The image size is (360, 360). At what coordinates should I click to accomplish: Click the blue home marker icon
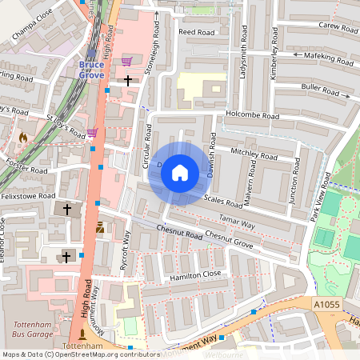tap(180, 173)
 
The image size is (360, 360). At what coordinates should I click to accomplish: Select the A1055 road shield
tap(326, 304)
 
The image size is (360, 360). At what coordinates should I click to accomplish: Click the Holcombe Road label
tap(253, 116)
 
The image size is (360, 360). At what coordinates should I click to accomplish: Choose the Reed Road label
tap(198, 32)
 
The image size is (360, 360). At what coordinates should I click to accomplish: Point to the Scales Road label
tap(223, 198)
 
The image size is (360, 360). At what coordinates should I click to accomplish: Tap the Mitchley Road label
tap(252, 151)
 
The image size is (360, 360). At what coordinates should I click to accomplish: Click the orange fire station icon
tap(22, 138)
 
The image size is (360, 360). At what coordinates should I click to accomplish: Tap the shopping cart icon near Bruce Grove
tap(126, 61)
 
